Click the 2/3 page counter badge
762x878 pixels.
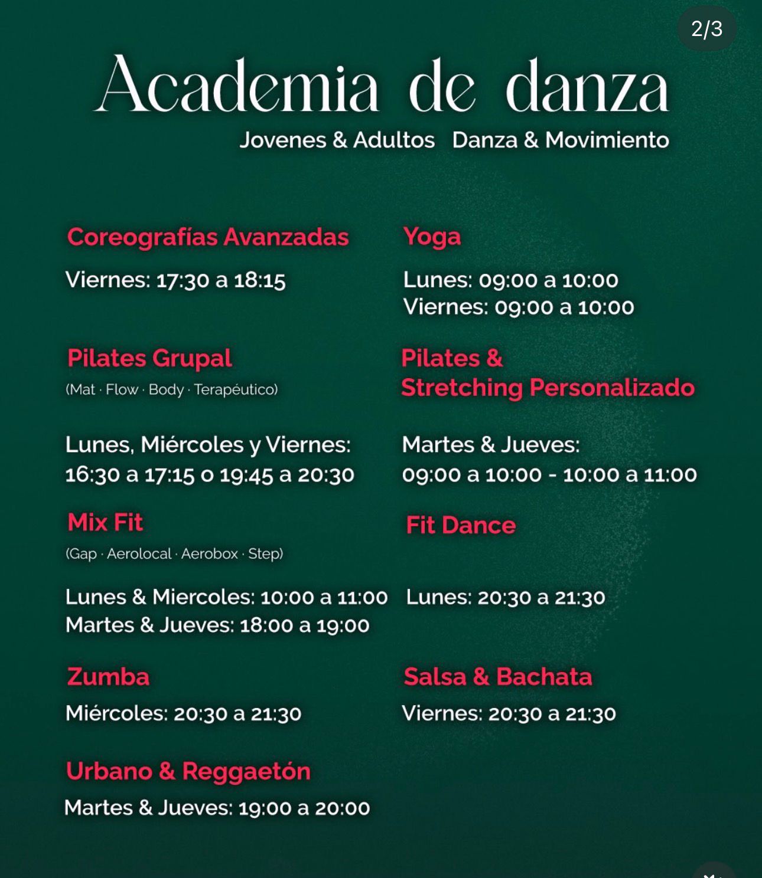(706, 29)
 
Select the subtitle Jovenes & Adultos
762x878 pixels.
(337, 140)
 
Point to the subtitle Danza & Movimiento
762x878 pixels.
(560, 140)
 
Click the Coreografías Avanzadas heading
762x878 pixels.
(208, 237)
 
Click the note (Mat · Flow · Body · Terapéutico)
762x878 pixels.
(171, 390)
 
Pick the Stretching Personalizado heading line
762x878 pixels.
(548, 388)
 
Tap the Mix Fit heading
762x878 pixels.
(105, 523)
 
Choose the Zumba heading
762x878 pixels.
(108, 677)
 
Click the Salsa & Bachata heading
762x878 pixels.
(497, 677)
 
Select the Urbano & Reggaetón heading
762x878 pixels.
(188, 771)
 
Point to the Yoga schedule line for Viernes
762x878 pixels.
(518, 307)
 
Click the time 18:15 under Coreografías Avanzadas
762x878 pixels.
(260, 280)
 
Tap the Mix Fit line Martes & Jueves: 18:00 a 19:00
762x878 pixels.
(217, 625)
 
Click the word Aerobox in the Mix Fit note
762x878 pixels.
(209, 554)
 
